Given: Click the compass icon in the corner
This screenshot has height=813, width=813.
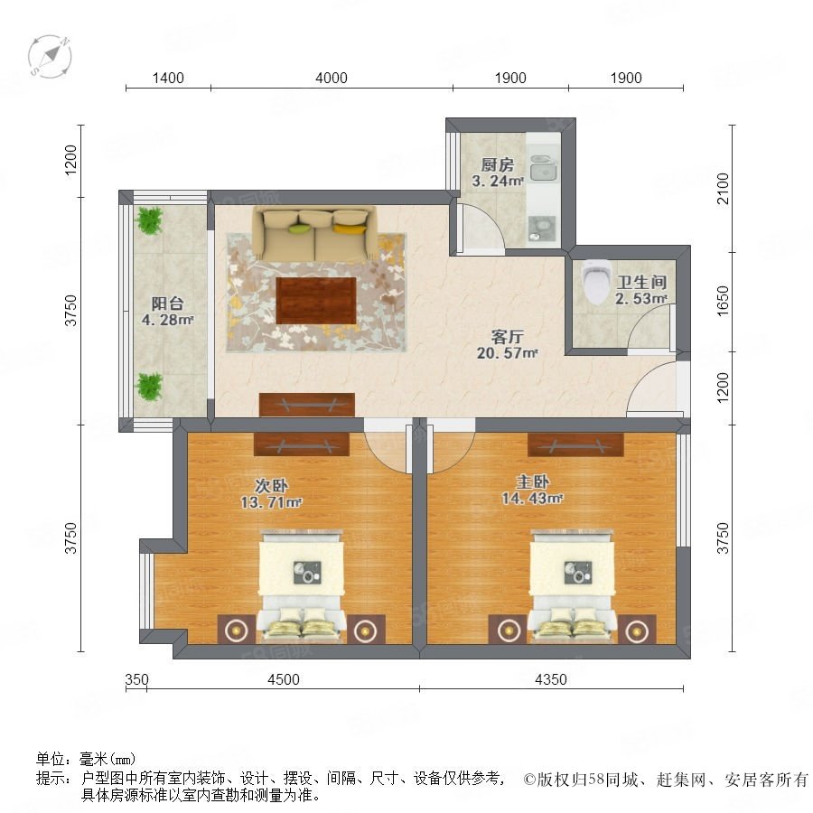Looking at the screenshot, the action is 50,57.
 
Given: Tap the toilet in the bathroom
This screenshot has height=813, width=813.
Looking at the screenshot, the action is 594,282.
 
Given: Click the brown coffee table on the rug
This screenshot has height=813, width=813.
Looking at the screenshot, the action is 316,301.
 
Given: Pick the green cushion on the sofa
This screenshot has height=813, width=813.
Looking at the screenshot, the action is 299,229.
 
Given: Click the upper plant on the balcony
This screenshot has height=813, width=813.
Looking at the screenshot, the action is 149,220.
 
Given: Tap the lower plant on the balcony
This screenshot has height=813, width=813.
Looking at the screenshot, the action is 149,387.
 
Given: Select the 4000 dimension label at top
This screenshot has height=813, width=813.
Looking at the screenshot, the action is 332,79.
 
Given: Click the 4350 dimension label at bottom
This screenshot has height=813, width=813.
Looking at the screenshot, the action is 551,679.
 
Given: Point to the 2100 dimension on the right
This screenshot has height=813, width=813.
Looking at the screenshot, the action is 723,189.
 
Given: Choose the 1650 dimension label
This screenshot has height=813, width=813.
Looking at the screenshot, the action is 723,301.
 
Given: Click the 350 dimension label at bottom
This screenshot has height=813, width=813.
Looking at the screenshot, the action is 137,679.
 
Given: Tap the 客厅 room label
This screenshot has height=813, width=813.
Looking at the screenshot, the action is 507,337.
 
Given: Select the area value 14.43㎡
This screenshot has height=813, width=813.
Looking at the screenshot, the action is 532,499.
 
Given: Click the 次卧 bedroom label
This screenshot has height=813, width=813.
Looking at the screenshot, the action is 271,486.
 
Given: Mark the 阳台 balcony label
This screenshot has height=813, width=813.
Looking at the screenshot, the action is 167,304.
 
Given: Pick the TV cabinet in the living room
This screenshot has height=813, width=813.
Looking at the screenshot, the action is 307,405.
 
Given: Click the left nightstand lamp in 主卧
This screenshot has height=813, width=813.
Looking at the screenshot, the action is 508,630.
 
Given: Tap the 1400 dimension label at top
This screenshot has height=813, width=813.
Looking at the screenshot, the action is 168,79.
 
